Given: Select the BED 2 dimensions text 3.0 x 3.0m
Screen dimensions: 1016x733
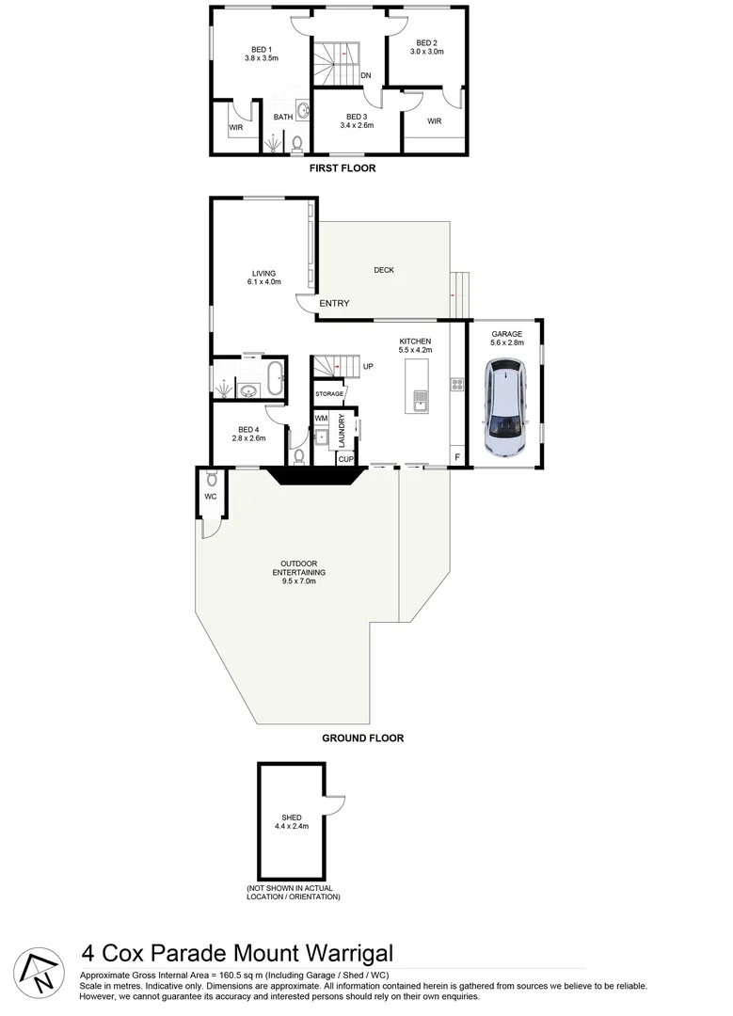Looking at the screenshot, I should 426,53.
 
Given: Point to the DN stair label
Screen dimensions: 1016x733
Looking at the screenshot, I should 365,77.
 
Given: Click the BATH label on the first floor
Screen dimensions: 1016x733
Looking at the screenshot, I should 282,118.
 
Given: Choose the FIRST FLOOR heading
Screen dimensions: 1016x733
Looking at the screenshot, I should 343,169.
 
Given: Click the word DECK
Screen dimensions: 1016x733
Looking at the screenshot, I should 384,270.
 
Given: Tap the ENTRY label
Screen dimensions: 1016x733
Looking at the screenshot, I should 334,303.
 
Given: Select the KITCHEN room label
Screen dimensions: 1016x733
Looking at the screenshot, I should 415,341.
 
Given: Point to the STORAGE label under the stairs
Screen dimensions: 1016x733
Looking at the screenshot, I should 328,393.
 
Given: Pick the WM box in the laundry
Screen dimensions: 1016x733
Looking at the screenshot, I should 321,418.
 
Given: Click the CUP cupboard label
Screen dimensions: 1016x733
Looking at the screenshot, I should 344,459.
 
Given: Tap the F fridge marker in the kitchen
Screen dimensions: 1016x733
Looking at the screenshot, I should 457,458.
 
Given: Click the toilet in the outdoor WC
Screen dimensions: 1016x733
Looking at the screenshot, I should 211,477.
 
